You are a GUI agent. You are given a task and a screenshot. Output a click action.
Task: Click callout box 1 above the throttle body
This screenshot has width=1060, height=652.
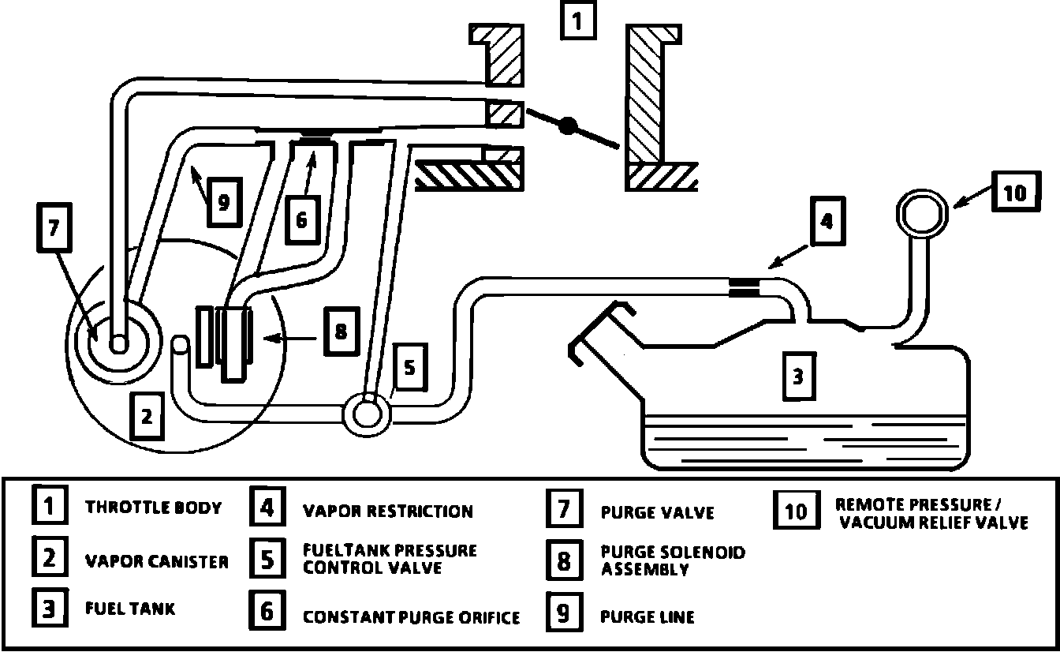click(x=577, y=21)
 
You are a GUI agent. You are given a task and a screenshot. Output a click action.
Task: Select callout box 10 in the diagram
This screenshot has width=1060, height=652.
click(x=1015, y=193)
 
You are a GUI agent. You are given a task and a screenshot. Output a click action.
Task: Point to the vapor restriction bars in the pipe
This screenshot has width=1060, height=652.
click(x=745, y=287)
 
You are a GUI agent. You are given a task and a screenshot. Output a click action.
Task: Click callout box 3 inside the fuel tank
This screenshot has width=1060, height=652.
click(x=797, y=377)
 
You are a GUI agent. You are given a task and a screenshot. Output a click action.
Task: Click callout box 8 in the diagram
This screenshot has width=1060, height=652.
click(x=340, y=332)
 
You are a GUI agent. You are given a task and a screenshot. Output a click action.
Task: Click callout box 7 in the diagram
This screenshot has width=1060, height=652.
click(x=54, y=230)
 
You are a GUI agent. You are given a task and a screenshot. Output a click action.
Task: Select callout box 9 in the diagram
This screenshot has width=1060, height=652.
click(x=223, y=203)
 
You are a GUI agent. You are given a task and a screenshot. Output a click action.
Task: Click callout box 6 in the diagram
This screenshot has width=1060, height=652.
click(x=301, y=220)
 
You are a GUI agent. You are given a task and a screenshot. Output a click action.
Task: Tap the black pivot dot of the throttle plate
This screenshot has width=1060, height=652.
click(x=569, y=126)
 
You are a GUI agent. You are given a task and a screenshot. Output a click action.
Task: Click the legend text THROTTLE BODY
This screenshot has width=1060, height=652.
click(x=153, y=507)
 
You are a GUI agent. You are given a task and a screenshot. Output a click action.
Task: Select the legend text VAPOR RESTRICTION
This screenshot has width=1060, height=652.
click(x=387, y=511)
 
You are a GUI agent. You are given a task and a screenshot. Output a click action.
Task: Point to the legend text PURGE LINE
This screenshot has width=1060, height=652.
click(x=647, y=616)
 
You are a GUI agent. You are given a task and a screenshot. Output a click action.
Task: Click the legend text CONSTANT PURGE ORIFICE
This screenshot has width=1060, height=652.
click(x=411, y=616)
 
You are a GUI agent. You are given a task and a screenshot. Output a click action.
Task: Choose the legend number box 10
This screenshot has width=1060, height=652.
click(x=797, y=511)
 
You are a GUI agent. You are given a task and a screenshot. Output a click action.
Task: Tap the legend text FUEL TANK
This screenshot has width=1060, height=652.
click(x=130, y=609)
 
